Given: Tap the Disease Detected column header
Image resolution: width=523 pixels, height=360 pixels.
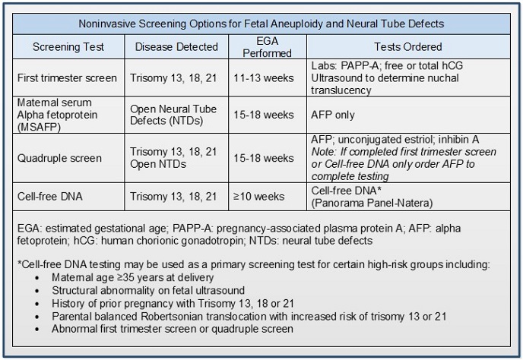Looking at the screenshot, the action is point(176,47).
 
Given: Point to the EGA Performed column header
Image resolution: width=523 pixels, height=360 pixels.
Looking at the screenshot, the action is point(270,47).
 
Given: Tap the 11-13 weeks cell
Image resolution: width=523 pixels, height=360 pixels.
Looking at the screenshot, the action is point(269,77).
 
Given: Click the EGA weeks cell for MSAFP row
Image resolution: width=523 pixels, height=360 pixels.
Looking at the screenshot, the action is point(269,115).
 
